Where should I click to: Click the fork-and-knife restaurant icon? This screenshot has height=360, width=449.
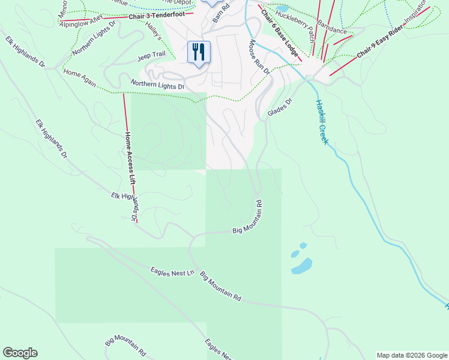[199, 52]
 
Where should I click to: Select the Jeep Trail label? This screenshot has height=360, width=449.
[151, 55]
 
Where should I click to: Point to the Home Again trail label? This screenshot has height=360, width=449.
[79, 77]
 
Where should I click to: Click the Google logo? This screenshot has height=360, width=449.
[20, 353]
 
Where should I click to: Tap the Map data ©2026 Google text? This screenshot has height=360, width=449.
[411, 355]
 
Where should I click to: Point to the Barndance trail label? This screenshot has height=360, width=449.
[331, 29]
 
